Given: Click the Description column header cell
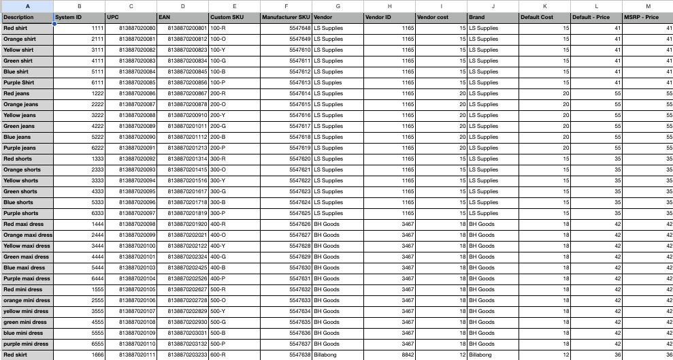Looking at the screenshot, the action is pyautogui.click(x=27, y=17).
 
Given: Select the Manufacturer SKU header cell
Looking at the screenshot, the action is pyautogui.click(x=286, y=17).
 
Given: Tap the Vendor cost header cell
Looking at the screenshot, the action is pyautogui.click(x=440, y=17).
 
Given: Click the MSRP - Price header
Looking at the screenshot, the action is pyautogui.click(x=646, y=17).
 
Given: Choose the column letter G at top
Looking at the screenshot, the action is pyautogui.click(x=338, y=6).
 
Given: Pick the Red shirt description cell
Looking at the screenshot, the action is pyautogui.click(x=27, y=28).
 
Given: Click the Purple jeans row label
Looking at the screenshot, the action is pyautogui.click(x=27, y=148).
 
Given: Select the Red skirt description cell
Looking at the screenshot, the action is pyautogui.click(x=27, y=355).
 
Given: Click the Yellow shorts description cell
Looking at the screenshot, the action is pyautogui.click(x=27, y=180).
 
